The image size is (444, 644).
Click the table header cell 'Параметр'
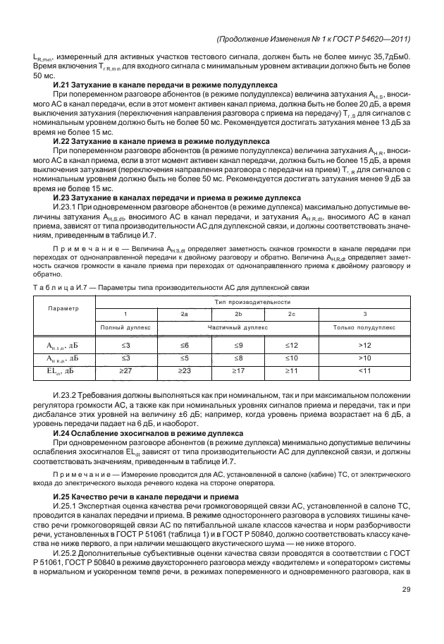click(x=63, y=308)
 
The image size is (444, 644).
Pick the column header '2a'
click(x=185, y=313)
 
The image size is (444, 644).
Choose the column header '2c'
click(x=292, y=313)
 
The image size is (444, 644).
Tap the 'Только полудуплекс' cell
click(x=364, y=327)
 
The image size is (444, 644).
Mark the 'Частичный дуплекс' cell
click(x=238, y=327)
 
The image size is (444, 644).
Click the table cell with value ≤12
click(x=292, y=345)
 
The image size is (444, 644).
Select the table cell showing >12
click(x=364, y=345)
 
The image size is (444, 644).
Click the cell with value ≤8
click(x=238, y=358)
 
